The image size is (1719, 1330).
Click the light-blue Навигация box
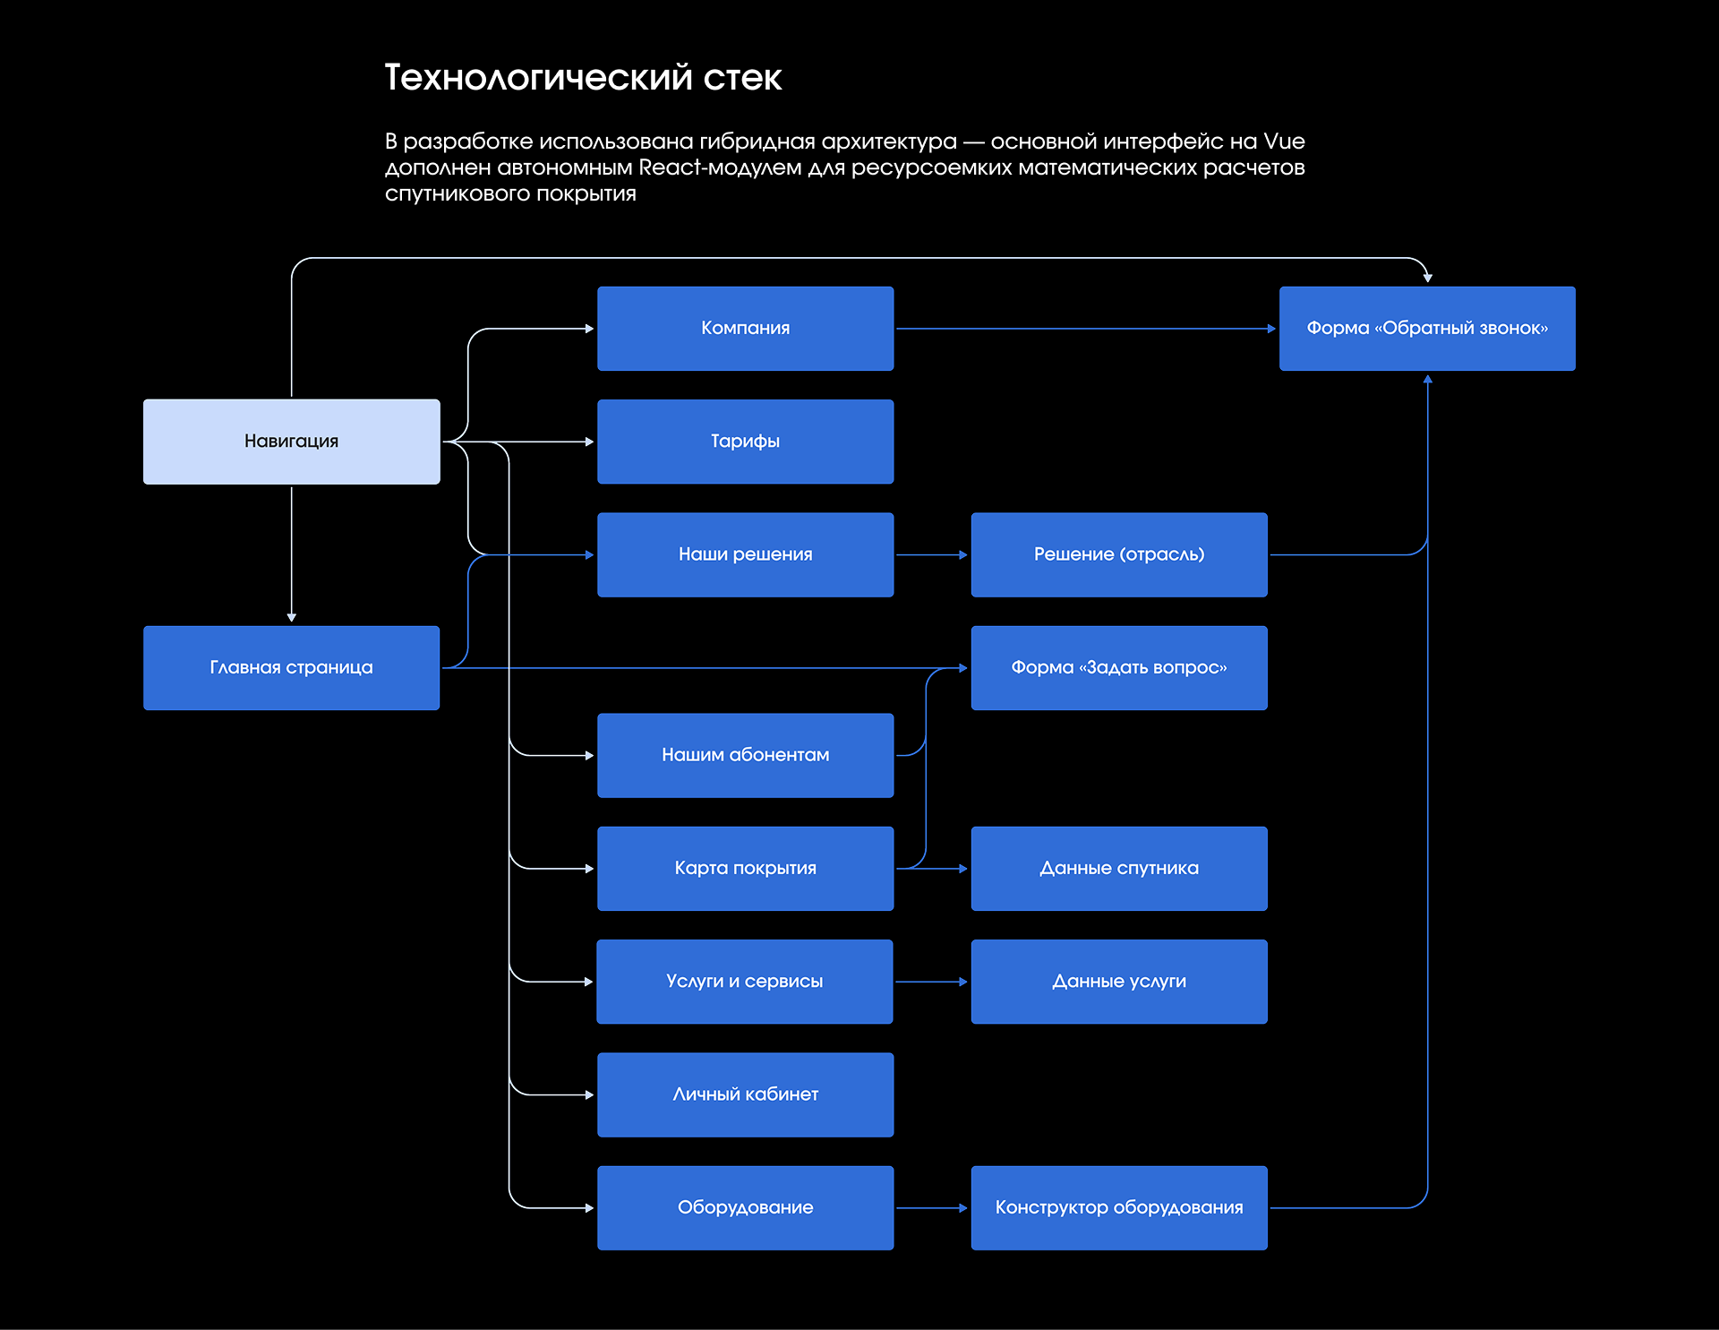(291, 442)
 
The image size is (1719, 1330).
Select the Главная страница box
(291, 668)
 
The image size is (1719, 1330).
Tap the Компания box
(745, 329)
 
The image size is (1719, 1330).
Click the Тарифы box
(745, 442)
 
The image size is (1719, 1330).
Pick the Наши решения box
(745, 554)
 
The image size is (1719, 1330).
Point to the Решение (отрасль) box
(1119, 554)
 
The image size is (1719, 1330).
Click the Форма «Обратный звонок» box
(1427, 329)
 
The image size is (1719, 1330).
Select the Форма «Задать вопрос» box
(1119, 668)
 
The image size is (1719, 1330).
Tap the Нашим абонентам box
(745, 755)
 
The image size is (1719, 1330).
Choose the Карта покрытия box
(745, 869)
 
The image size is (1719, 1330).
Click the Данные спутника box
(1119, 869)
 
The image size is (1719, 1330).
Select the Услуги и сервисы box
(745, 982)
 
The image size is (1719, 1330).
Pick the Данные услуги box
(1119, 982)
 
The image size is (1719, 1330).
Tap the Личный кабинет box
(745, 1094)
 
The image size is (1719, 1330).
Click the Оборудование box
(745, 1207)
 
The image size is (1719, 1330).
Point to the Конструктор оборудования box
(1119, 1207)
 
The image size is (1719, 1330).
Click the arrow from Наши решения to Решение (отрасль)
(932, 555)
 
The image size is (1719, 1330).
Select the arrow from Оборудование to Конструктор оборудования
(932, 1208)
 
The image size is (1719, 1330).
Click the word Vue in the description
(1284, 142)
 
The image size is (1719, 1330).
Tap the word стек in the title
(742, 78)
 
